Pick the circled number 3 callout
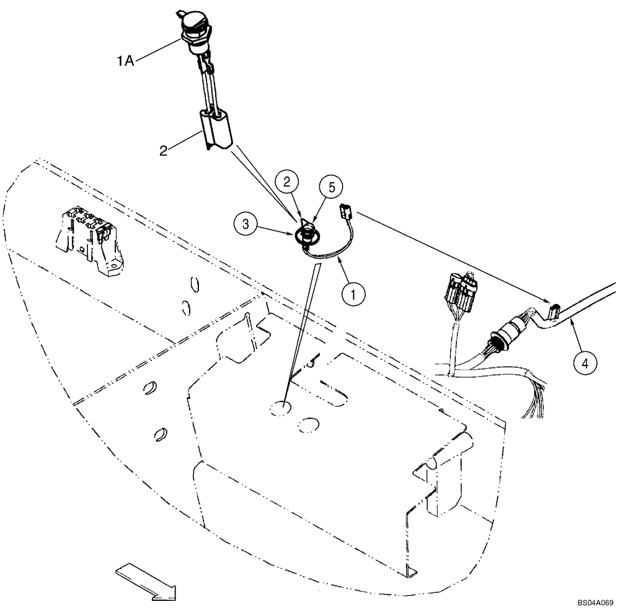[246, 222]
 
